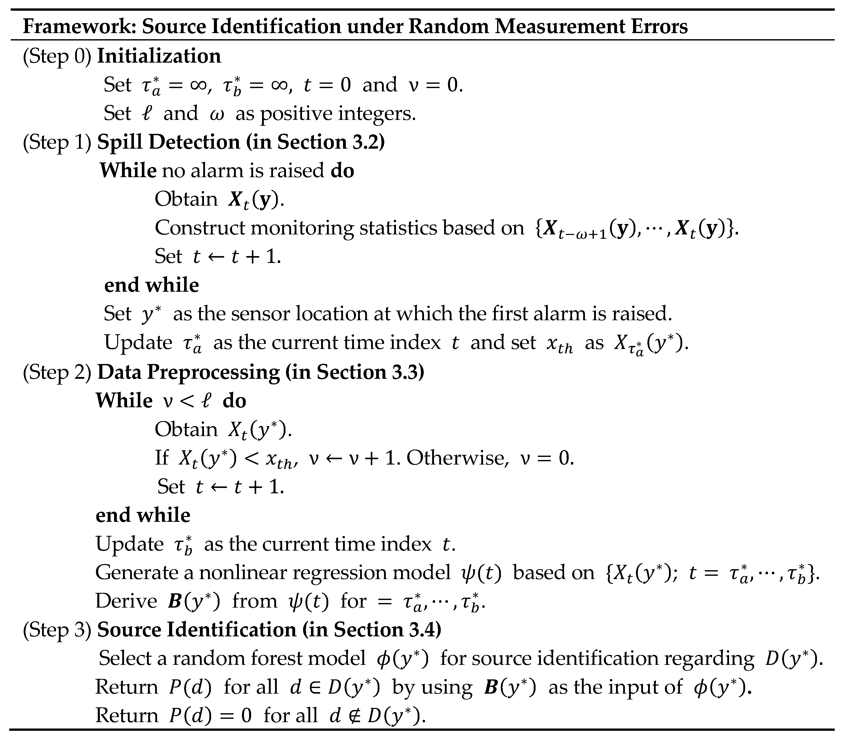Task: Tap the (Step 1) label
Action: coord(57,142)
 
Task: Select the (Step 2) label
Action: coord(57,372)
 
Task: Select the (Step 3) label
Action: coord(57,630)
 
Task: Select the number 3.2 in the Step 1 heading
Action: coord(364,142)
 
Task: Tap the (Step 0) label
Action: coord(57,56)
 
